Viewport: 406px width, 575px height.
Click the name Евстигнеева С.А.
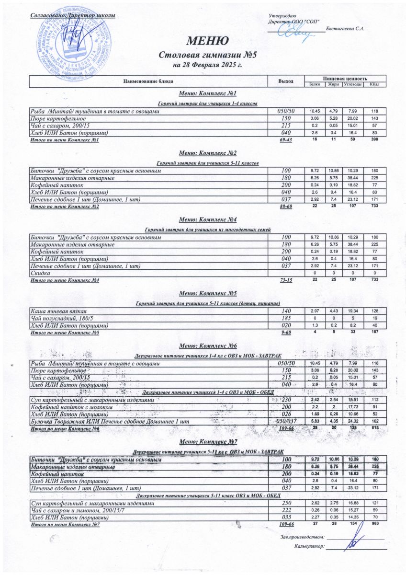pyautogui.click(x=345, y=29)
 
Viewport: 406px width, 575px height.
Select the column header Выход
pyautogui.click(x=286, y=81)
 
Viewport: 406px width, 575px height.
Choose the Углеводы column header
pyautogui.click(x=351, y=85)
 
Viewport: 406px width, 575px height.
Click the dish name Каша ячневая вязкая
pyautogui.click(x=65, y=311)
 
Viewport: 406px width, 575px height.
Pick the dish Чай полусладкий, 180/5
pyautogui.click(x=68, y=318)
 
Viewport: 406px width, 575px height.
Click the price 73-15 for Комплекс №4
pyautogui.click(x=286, y=280)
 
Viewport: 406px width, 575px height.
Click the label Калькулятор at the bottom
pyautogui.click(x=310, y=546)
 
